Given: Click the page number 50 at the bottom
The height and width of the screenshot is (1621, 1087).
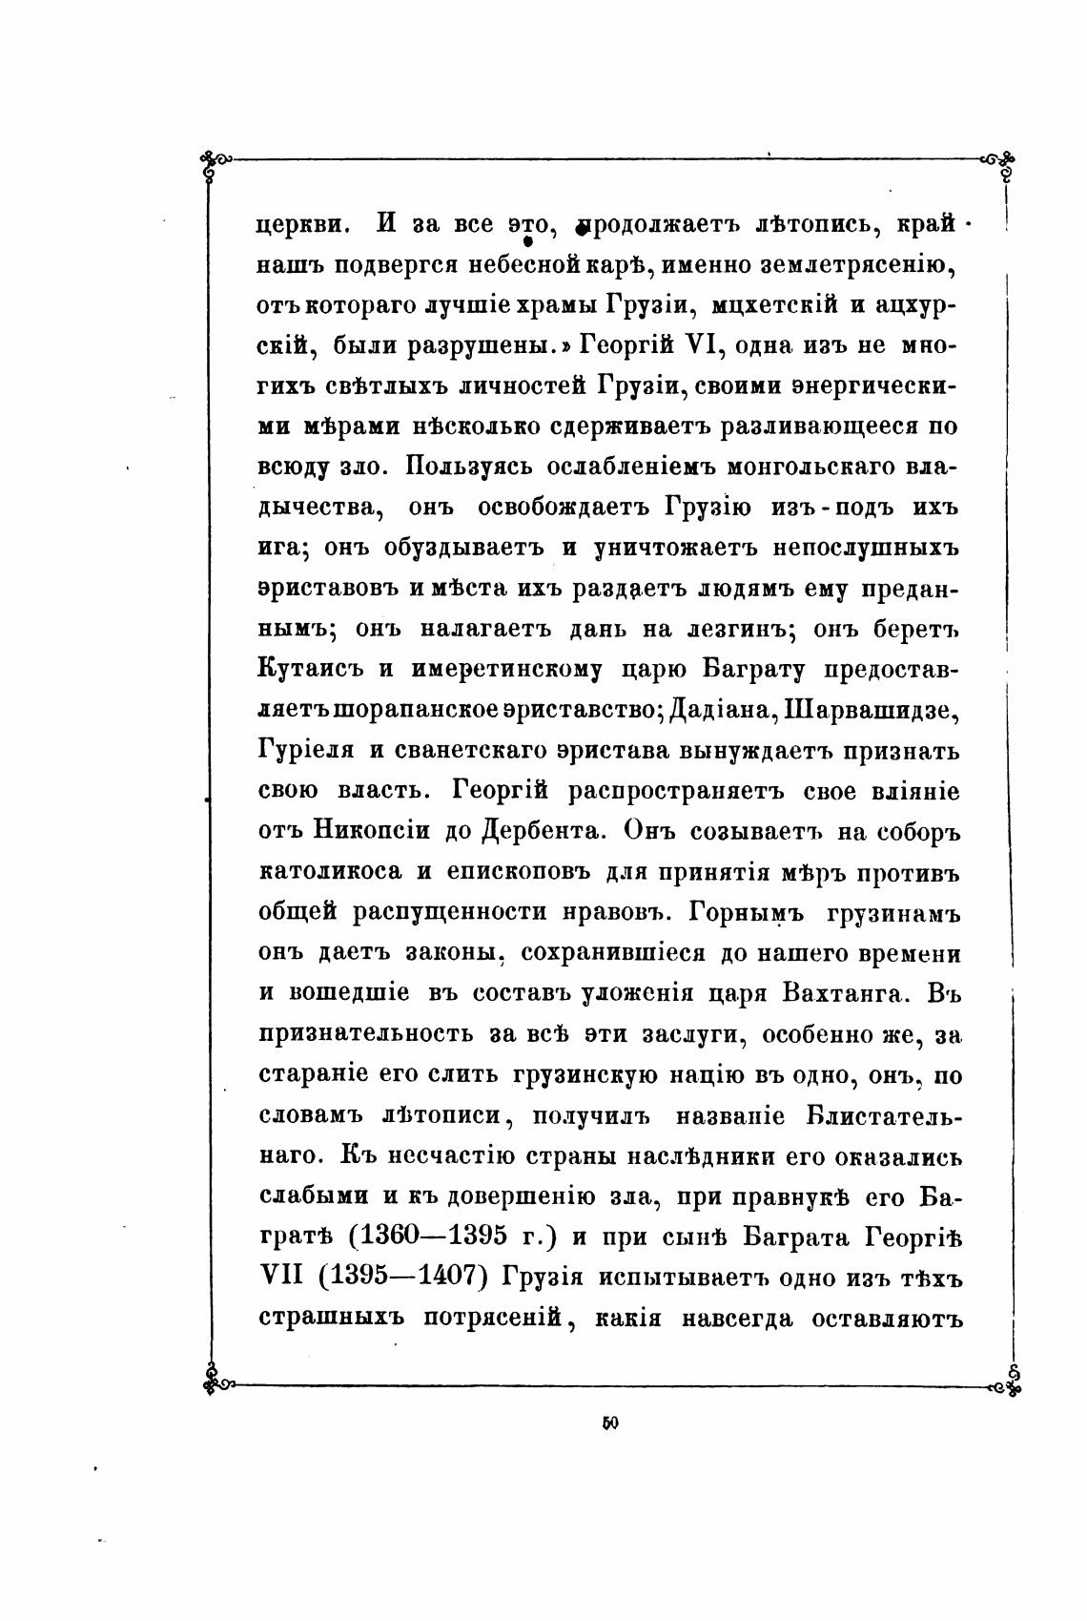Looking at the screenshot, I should [610, 1423].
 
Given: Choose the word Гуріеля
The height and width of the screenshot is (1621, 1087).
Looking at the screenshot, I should [305, 750].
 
